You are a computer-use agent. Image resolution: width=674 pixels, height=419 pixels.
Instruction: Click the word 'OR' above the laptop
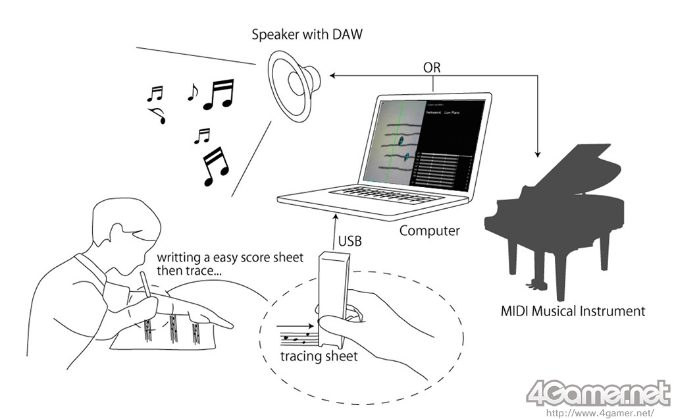point(432,68)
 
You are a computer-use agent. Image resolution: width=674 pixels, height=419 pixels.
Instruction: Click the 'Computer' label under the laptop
point(430,231)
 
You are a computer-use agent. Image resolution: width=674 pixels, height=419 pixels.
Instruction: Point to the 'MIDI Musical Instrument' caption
point(571,310)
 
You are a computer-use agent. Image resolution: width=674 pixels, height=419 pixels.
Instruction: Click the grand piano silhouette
point(559,211)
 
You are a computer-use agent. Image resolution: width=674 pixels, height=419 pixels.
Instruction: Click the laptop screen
point(422,142)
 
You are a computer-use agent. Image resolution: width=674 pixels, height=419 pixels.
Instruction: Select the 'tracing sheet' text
point(319,356)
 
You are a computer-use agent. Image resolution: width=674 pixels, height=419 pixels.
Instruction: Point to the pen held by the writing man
point(146,290)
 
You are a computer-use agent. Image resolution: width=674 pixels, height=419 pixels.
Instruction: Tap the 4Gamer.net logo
point(595,393)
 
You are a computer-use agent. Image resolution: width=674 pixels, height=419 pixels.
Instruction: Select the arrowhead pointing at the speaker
point(332,76)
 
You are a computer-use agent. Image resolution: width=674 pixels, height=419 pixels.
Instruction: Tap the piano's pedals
point(532,285)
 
